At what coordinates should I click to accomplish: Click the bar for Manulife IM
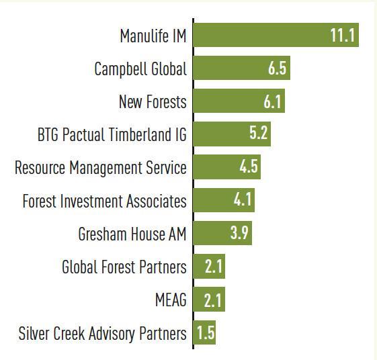click(x=276, y=36)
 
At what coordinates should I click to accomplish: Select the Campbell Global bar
click(x=242, y=69)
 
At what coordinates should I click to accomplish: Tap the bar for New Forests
click(x=239, y=102)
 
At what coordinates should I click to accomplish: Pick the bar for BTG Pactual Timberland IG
click(x=232, y=134)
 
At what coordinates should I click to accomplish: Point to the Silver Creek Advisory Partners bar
click(x=205, y=333)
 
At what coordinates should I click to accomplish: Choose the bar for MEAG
click(x=209, y=300)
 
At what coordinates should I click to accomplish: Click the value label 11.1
click(x=342, y=36)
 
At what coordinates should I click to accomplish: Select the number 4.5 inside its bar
click(x=249, y=167)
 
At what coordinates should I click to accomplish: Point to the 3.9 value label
click(x=240, y=234)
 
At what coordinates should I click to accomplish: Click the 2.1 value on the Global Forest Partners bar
click(x=213, y=267)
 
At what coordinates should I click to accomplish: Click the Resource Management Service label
click(x=101, y=167)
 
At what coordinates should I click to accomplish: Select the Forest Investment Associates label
click(x=104, y=201)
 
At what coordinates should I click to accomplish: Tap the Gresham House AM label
click(x=132, y=234)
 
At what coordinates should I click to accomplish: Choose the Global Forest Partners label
click(x=124, y=267)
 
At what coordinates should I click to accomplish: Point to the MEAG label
click(x=171, y=300)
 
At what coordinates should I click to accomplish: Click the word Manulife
click(x=143, y=36)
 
